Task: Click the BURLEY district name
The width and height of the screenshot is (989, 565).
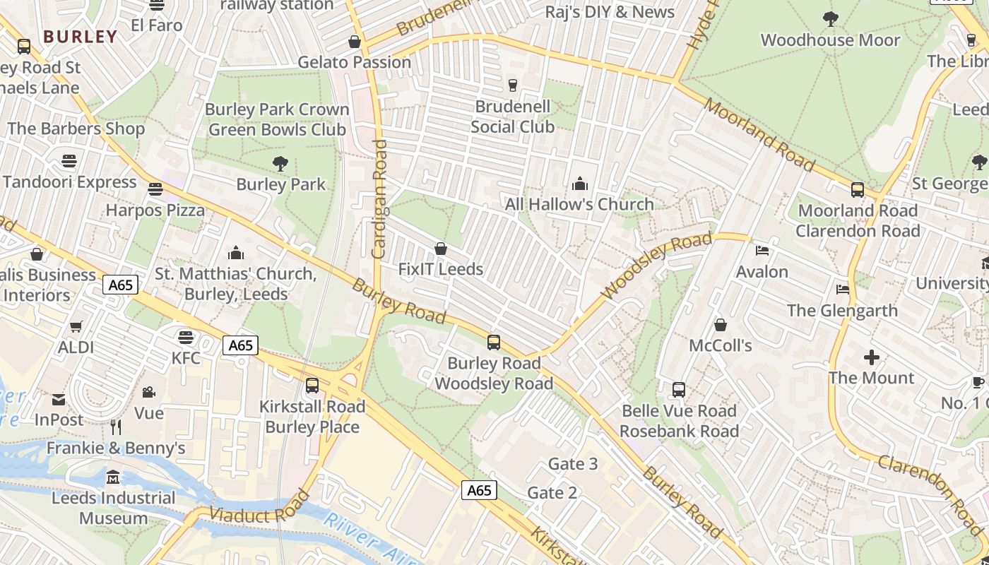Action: (80, 37)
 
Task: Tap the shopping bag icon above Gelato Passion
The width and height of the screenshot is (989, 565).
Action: (355, 42)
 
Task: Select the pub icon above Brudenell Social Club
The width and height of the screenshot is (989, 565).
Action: (513, 85)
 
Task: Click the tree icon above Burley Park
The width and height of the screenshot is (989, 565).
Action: (280, 164)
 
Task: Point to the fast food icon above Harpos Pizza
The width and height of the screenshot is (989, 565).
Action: (155, 189)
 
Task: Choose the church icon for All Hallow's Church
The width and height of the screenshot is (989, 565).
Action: (580, 184)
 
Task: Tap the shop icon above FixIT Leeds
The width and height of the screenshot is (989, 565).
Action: (441, 249)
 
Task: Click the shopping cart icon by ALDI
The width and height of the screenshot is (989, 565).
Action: (76, 326)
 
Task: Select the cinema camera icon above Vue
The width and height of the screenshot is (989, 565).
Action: (148, 392)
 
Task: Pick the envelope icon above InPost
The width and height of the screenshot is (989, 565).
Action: (59, 400)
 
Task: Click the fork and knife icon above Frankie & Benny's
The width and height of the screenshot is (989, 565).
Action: (116, 427)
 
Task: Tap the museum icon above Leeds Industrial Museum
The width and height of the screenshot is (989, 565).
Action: (113, 478)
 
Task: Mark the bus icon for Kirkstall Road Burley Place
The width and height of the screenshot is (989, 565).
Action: (312, 386)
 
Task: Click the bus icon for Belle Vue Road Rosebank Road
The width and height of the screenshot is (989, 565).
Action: (679, 390)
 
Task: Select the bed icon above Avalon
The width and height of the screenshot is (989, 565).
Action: (762, 251)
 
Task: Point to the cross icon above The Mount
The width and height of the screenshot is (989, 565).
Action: (872, 357)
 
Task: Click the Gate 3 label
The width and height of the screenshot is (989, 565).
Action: (573, 464)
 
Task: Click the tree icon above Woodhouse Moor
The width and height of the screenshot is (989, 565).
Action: (831, 19)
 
